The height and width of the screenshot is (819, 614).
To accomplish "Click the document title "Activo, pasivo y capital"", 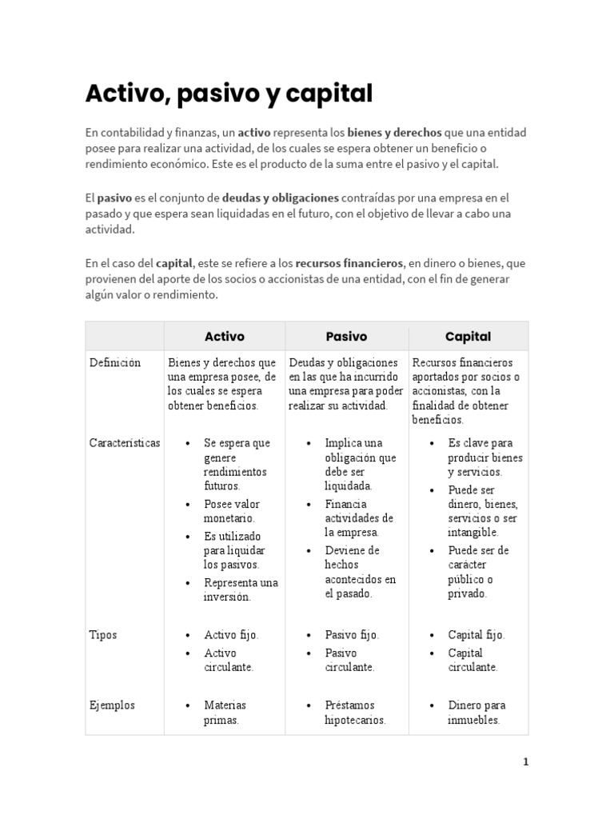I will pos(229,94).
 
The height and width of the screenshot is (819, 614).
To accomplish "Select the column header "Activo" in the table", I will pos(225,337).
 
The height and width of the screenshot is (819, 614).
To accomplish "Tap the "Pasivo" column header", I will pos(346,337).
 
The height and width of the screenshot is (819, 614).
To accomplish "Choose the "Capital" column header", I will pos(468,337).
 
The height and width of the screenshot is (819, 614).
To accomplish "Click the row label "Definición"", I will pos(114,362).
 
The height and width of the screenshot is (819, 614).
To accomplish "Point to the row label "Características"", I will pos(124,442).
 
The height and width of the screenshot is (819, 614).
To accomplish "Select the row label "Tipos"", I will pos(102,634).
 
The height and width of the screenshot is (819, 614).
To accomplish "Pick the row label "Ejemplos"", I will pos(112,705).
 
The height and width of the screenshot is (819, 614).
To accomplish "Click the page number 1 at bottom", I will pos(525,762).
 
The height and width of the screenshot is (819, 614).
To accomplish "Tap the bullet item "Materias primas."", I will pos(225,712).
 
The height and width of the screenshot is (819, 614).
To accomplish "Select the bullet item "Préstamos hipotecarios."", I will pos(355,712).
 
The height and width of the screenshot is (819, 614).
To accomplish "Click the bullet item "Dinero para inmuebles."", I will pos(476,712).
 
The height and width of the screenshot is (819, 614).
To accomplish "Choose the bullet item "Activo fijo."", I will pos(231,635).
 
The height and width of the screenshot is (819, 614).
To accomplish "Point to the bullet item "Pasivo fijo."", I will pos(352,635).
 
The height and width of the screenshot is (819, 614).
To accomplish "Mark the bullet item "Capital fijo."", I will pos(476,635).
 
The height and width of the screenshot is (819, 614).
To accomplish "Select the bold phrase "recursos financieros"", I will pos(349,262).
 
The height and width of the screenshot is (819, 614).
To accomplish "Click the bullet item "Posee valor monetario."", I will pos(231,511).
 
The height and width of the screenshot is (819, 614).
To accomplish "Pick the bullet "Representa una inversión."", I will pos(241,589).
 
